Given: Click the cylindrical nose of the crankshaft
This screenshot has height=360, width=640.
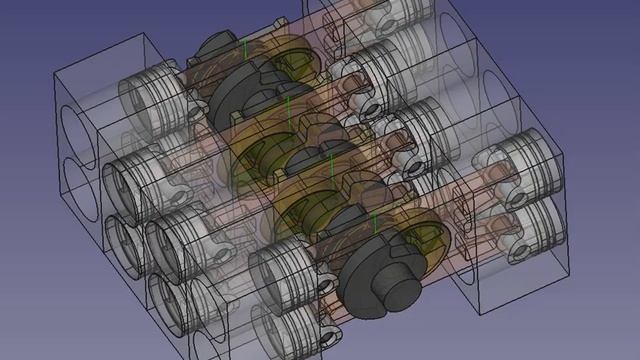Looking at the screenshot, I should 400,296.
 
